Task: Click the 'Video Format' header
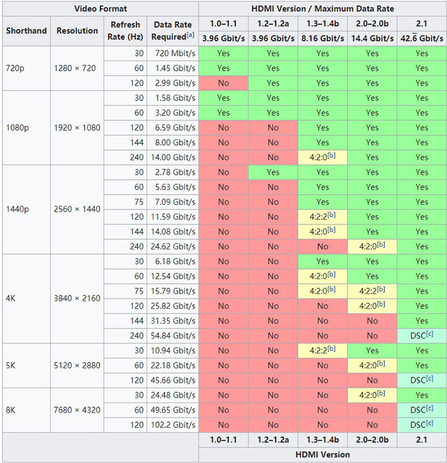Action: [101, 8]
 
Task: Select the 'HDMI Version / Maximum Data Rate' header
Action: [322, 8]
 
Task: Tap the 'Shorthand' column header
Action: [26, 31]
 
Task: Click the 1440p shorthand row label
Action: [17, 209]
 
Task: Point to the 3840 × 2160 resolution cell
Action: [77, 298]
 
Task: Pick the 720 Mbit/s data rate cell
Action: [175, 54]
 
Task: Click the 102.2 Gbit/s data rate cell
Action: [173, 425]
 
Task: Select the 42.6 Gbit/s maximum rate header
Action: [422, 39]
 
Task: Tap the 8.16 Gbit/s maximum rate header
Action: [322, 39]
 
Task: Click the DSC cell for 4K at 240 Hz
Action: [422, 336]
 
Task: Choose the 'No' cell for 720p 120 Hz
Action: [223, 83]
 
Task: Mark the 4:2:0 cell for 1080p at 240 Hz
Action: [322, 157]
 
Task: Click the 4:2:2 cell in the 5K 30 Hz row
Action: [322, 350]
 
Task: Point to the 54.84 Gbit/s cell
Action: [173, 336]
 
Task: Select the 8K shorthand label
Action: [11, 410]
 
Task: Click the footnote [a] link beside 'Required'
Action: [190, 35]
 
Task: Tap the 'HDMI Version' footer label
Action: [322, 455]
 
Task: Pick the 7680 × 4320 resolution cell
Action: [77, 410]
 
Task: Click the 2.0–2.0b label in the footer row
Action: [372, 440]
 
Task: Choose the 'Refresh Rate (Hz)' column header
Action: [125, 31]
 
